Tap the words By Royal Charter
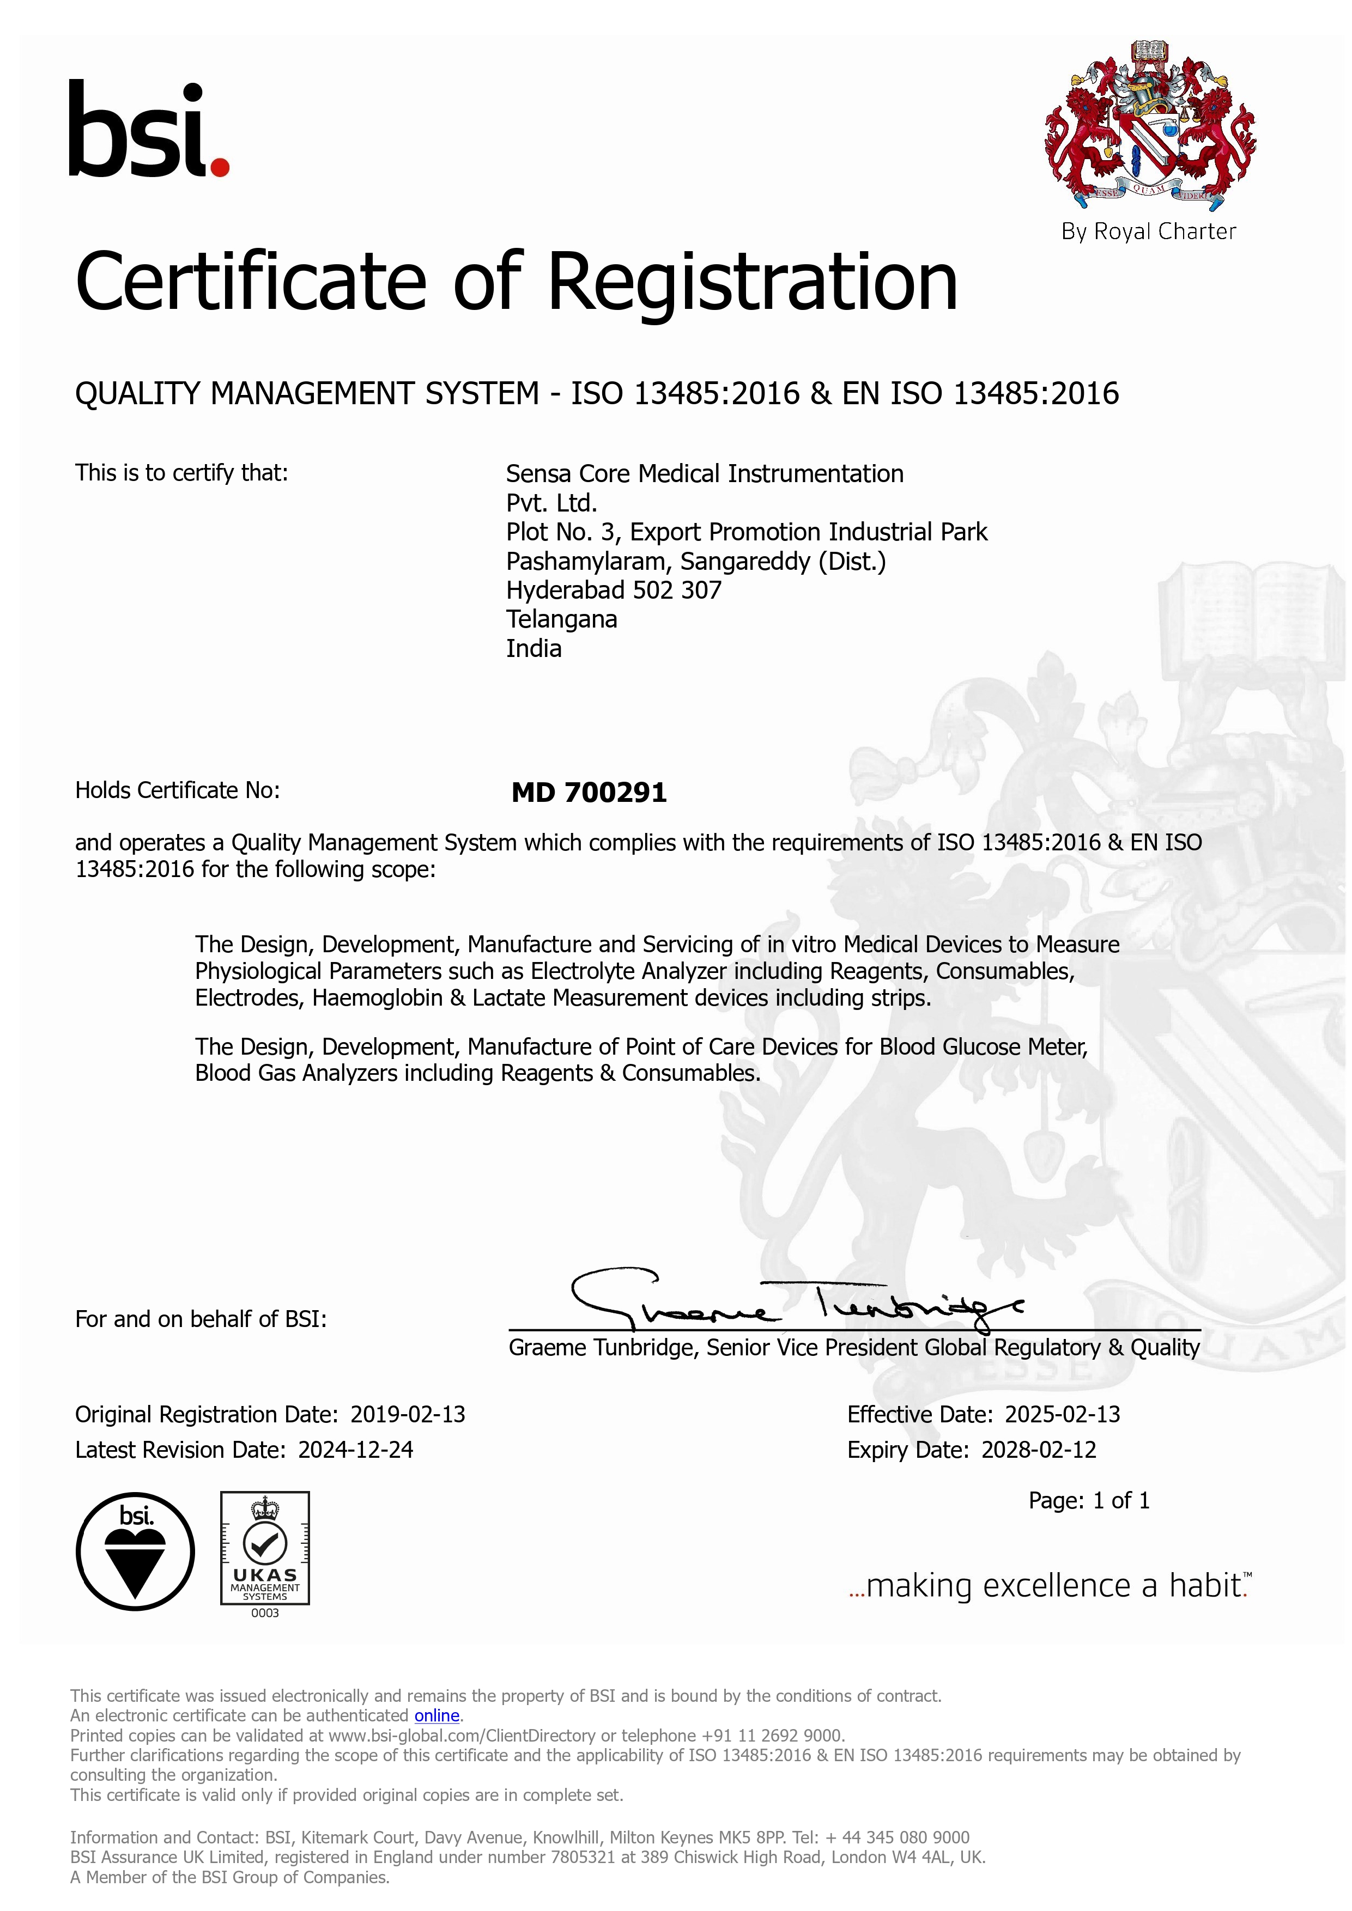[1148, 232]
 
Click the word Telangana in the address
[561, 619]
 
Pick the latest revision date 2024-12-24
[355, 1450]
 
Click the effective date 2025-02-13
[1062, 1414]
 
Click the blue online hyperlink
[437, 1715]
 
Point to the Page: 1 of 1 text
[1089, 1501]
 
